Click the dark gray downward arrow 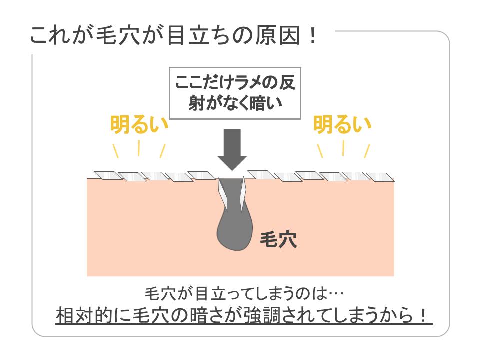click(232, 149)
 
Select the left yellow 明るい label click(139, 124)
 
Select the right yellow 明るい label click(342, 124)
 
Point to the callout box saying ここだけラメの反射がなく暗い click(235, 93)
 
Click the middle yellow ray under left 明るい click(139, 148)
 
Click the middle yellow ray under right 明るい click(343, 148)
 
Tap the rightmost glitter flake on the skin click(380, 177)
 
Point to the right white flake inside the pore click(243, 193)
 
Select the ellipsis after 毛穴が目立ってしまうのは click(335, 294)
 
